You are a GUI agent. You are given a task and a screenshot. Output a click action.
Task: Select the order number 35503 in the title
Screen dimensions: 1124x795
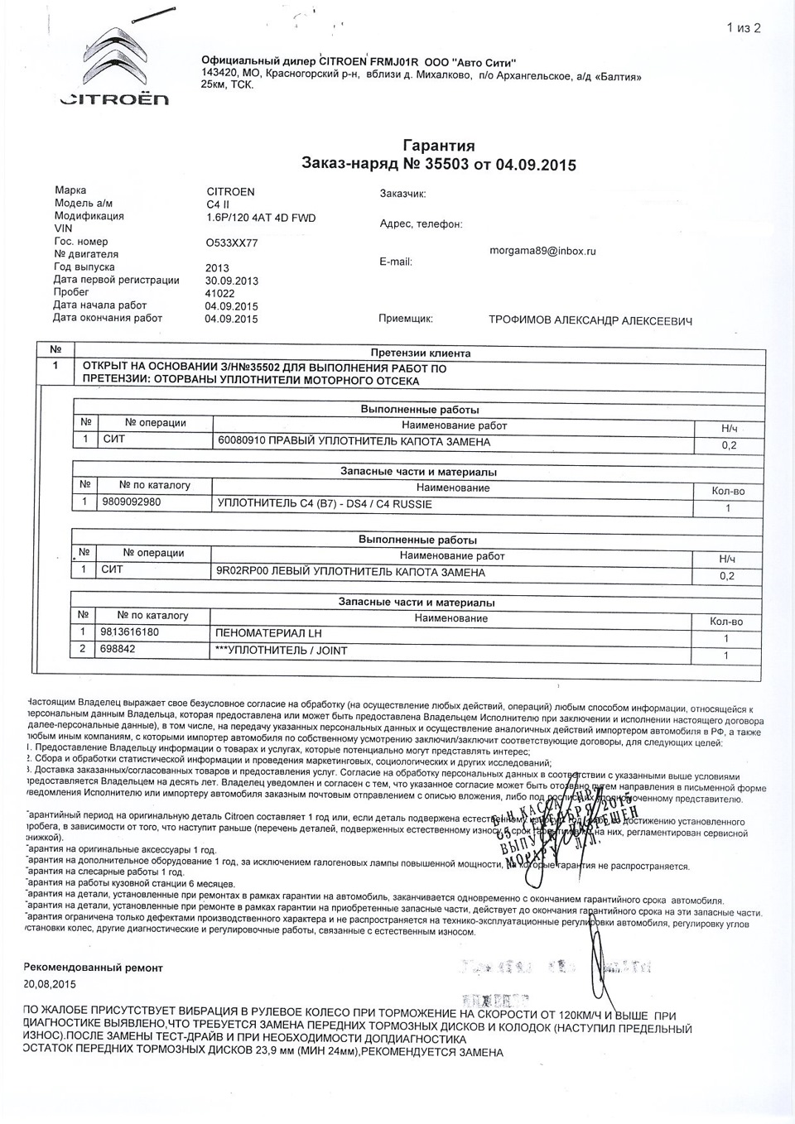pos(446,164)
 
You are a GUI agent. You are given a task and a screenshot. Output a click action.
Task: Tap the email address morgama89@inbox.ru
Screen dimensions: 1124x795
pos(543,250)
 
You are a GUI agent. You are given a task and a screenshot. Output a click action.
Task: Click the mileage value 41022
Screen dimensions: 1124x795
pos(220,293)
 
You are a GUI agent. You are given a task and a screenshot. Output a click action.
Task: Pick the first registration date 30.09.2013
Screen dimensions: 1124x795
pos(232,281)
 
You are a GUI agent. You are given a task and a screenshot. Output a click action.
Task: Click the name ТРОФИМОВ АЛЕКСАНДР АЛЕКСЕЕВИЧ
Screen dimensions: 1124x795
pos(590,321)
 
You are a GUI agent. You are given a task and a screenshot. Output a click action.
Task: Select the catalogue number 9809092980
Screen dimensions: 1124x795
pos(132,502)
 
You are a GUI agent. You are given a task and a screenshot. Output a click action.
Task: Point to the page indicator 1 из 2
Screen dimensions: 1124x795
pos(743,28)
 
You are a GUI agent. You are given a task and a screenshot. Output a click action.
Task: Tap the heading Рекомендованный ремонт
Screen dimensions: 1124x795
pos(94,967)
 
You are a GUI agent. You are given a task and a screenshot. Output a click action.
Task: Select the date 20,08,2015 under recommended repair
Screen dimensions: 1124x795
pos(51,984)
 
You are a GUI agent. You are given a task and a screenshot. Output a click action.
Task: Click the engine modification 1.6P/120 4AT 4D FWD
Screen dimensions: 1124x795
pos(261,218)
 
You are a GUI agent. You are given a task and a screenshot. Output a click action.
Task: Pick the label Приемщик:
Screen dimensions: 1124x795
pos(405,319)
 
